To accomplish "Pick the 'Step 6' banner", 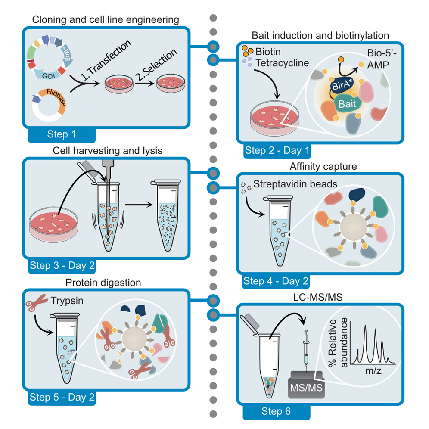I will click(276, 411).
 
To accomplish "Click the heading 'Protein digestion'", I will click(103, 283).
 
